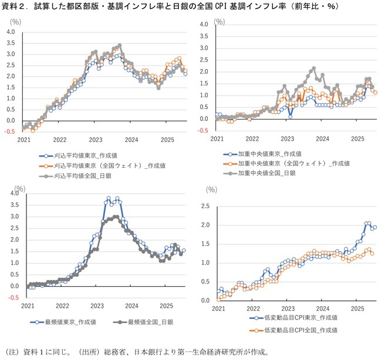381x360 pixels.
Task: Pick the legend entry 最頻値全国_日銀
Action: tap(147, 322)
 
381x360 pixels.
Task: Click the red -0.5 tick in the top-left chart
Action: tap(9, 132)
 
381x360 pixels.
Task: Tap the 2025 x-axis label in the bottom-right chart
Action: tap(358, 308)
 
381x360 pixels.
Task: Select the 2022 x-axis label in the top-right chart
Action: tap(252, 139)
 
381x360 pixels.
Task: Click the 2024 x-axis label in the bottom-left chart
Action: tap(131, 306)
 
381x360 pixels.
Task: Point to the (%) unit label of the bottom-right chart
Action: tap(211, 190)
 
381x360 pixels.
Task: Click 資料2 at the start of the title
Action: tap(15, 6)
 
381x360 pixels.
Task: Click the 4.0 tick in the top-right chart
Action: tap(205, 25)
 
